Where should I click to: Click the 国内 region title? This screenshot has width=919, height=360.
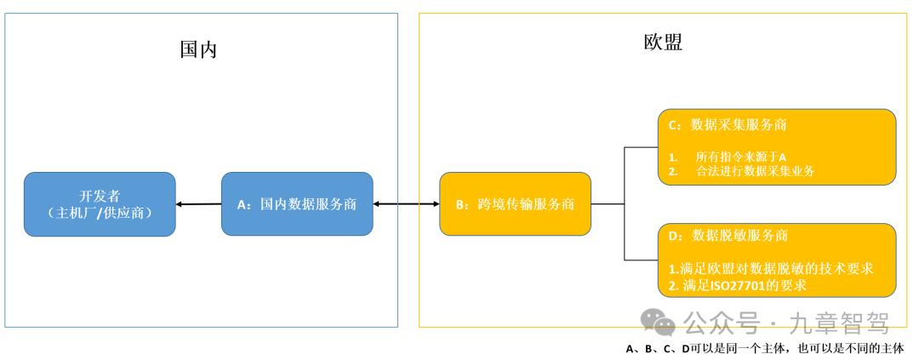point(198,49)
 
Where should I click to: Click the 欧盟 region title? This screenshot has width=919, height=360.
point(663,42)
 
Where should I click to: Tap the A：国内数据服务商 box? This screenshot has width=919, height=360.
point(297,204)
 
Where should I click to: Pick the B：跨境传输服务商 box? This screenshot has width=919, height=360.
point(515,204)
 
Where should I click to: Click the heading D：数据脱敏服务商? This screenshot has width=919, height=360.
point(728,235)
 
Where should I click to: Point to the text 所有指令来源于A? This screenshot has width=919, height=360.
point(740,157)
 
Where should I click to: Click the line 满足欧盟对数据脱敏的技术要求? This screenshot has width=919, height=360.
point(776,268)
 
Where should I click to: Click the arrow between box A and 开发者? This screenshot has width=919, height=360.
point(198,204)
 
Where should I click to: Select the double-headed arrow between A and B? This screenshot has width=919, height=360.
point(406,204)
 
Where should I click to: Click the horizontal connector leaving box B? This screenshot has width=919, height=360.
point(608,204)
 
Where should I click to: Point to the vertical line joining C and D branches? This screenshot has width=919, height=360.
point(625,204)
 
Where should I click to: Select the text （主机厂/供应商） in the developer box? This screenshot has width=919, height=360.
point(100,213)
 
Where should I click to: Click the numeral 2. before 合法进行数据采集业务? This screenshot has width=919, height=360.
point(672,171)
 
